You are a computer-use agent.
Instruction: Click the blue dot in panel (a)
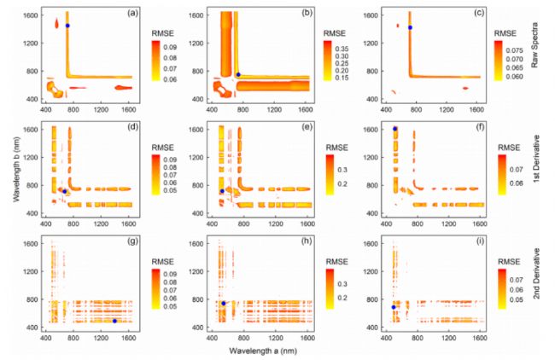point(67,26)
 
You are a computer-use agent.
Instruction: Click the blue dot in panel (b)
point(238,75)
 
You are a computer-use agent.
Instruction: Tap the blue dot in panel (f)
point(395,129)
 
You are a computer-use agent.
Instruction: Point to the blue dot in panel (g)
point(114,321)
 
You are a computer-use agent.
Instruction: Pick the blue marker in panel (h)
point(224,304)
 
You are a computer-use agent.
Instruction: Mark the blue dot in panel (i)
point(394,307)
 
